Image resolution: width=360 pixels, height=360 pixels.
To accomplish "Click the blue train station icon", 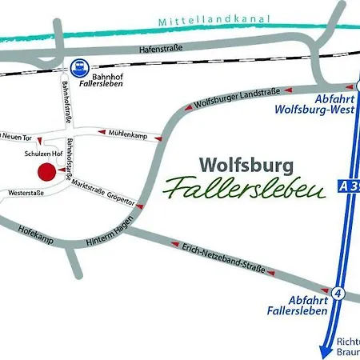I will (77, 68).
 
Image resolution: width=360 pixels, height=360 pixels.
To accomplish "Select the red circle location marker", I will (46, 171).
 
